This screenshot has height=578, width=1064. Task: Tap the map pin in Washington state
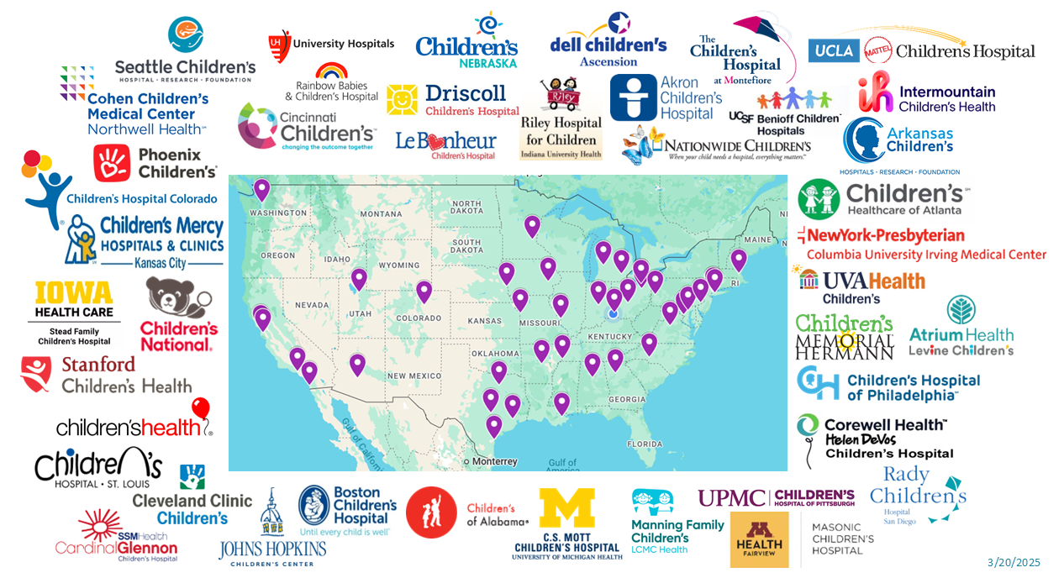[262, 190]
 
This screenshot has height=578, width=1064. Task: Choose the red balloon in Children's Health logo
[200, 409]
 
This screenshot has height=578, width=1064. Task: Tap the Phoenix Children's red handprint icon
[112, 163]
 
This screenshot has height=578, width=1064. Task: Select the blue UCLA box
[834, 51]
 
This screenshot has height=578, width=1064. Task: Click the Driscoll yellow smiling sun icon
[402, 100]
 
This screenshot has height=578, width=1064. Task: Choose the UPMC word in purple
[731, 497]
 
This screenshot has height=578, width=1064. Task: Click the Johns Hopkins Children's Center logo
[271, 529]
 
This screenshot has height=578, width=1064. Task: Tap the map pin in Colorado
[424, 292]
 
